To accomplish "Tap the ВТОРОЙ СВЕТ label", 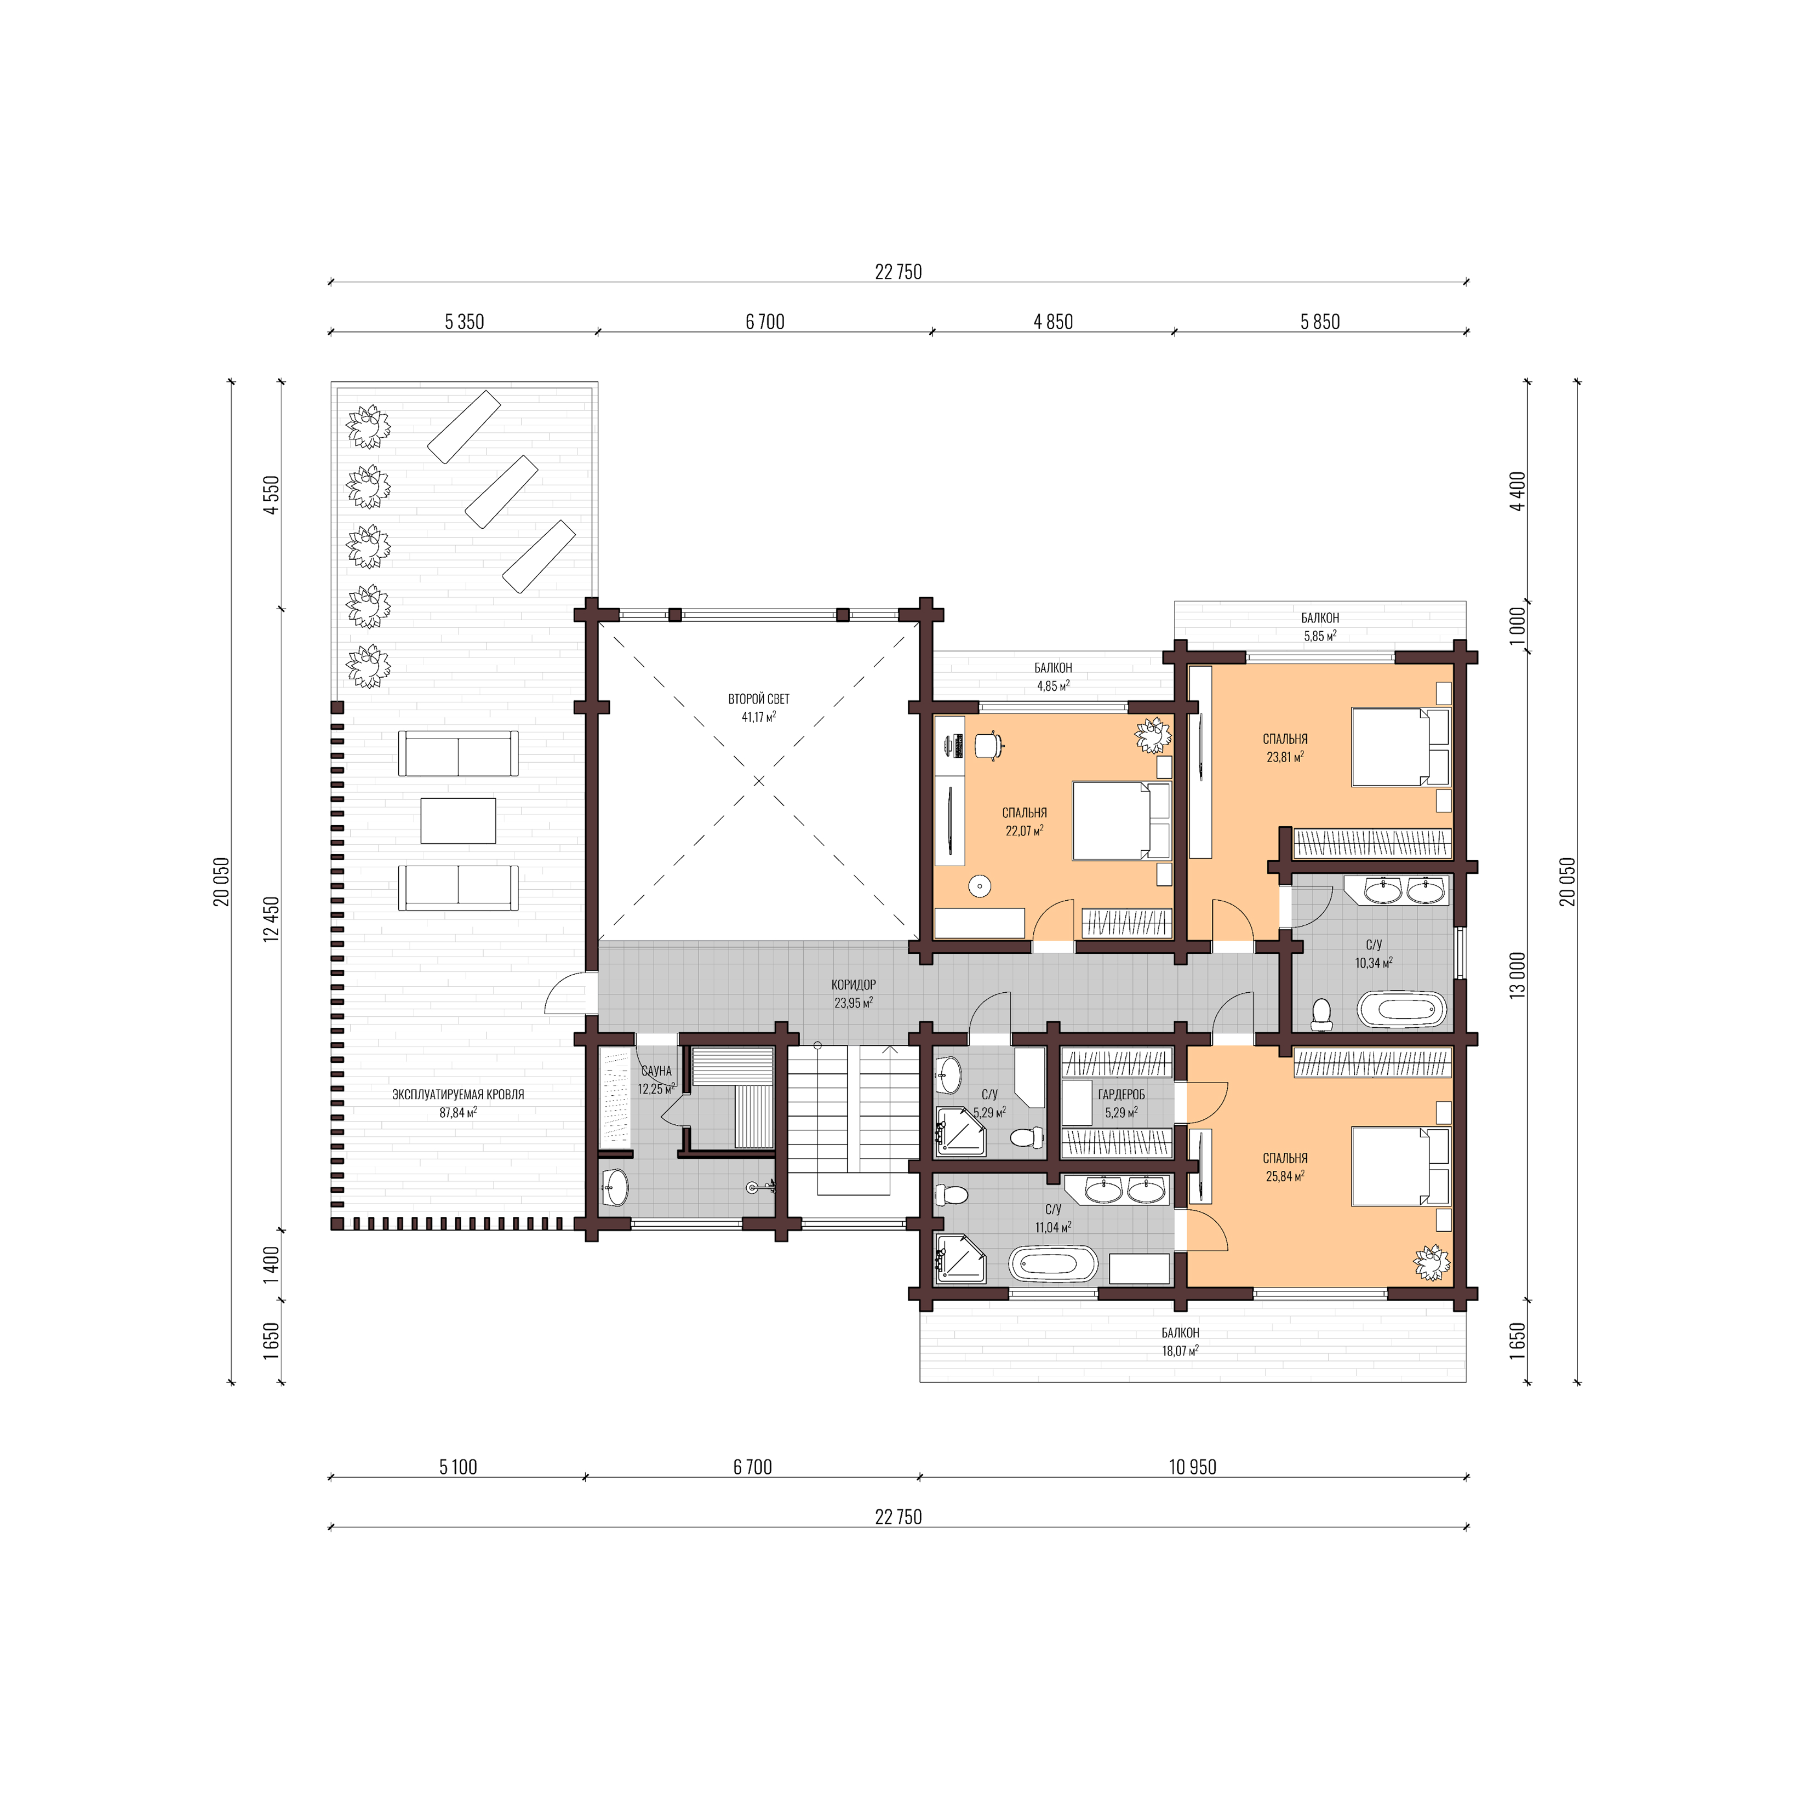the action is [x=759, y=699].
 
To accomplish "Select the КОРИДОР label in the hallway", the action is [x=854, y=985].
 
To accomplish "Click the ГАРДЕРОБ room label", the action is [x=1121, y=1094].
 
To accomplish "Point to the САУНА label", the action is [x=657, y=1071].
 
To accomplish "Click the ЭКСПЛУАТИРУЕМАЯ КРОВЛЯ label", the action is [x=457, y=1094].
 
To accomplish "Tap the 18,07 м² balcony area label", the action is [x=1180, y=1351].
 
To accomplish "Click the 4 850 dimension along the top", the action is [x=1053, y=322].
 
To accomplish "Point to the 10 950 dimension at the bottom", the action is [x=1192, y=1467].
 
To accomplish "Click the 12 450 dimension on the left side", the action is [x=271, y=918].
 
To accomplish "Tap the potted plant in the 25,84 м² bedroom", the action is [x=1431, y=1262].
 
